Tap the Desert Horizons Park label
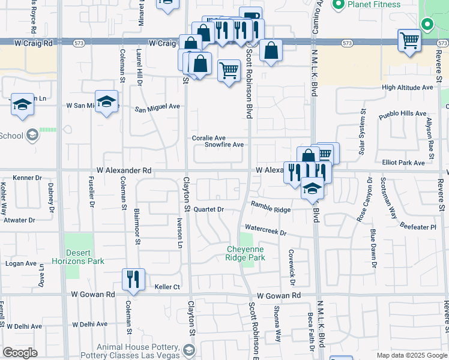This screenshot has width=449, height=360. (x=85, y=257)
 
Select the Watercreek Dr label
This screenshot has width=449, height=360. (x=266, y=230)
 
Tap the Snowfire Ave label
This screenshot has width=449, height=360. (x=224, y=145)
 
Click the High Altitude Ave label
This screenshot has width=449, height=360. (x=407, y=88)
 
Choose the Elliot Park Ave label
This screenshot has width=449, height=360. (x=403, y=163)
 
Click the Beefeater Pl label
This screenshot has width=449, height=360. (x=418, y=227)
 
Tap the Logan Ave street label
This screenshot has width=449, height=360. (x=21, y=263)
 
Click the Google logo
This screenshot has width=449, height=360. (x=20, y=353)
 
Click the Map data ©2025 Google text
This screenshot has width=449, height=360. (x=411, y=355)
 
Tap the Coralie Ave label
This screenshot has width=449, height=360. (x=208, y=138)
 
